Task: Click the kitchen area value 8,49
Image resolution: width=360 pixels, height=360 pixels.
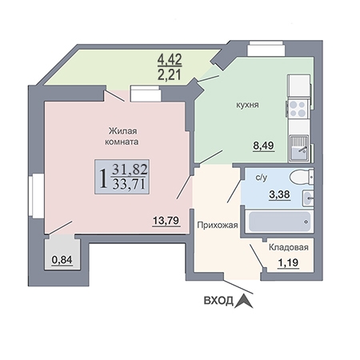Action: pyautogui.click(x=263, y=146)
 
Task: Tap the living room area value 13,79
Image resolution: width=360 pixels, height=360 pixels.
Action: pyautogui.click(x=166, y=221)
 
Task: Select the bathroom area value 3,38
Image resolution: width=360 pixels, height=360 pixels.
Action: pyautogui.click(x=279, y=194)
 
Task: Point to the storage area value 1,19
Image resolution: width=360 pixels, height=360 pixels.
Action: pyautogui.click(x=288, y=262)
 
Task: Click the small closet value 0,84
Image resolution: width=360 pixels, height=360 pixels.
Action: pyautogui.click(x=62, y=259)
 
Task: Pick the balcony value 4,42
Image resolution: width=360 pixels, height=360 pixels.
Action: pyautogui.click(x=170, y=59)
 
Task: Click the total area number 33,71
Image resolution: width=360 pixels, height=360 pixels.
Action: pyautogui.click(x=130, y=184)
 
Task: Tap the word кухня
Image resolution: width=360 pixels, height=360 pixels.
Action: pyautogui.click(x=247, y=105)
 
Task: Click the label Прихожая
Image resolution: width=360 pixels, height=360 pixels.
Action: pyautogui.click(x=218, y=226)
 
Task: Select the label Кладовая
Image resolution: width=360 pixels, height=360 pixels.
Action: pyautogui.click(x=289, y=247)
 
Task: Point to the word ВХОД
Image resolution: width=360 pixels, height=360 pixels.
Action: pyautogui.click(x=218, y=301)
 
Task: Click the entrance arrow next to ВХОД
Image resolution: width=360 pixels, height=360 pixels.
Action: pyautogui.click(x=244, y=301)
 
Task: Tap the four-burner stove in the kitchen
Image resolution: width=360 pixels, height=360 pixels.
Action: pyautogui.click(x=298, y=109)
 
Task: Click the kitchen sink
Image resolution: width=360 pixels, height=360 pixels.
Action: pyautogui.click(x=298, y=148)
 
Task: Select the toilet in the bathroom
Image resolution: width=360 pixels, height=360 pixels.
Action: pyautogui.click(x=302, y=177)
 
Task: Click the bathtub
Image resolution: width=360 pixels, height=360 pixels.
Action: pyautogui.click(x=279, y=222)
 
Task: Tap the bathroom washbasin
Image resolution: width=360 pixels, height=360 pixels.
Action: pyautogui.click(x=308, y=198)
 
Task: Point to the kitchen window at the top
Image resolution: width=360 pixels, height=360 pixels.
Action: pyautogui.click(x=266, y=48)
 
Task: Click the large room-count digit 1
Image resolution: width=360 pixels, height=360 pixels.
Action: pyautogui.click(x=102, y=178)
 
